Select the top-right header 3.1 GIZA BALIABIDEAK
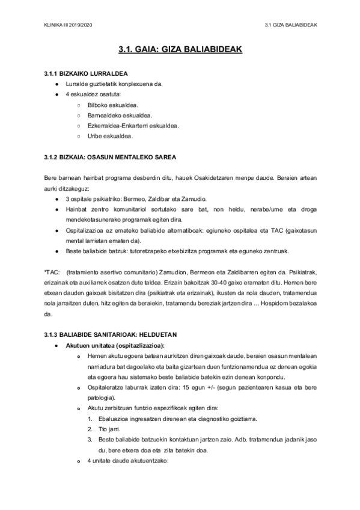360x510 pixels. [291, 25]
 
